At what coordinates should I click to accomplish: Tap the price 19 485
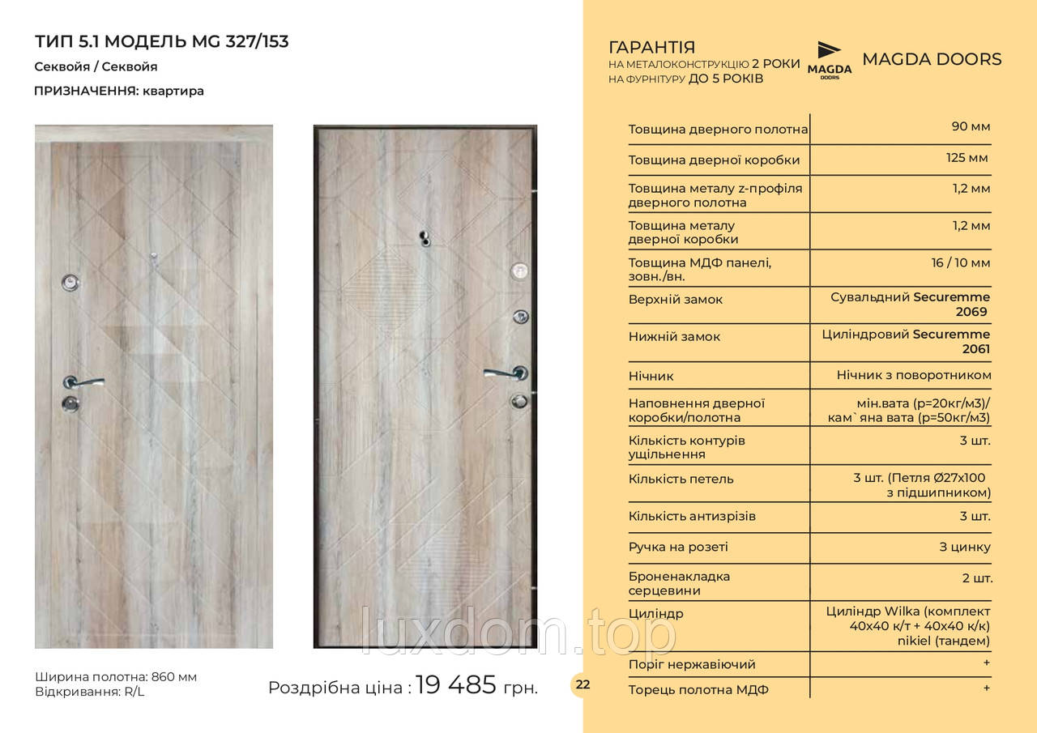pyautogui.click(x=455, y=685)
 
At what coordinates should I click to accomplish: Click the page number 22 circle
pyautogui.click(x=583, y=684)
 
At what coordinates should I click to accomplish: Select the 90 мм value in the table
pyautogui.click(x=971, y=126)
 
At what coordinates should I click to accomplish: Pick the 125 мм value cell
pyautogui.click(x=967, y=157)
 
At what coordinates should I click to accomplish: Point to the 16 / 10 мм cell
pyautogui.click(x=961, y=262)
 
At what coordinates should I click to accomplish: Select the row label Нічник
pyautogui.click(x=651, y=376)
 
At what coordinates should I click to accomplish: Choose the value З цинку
pyautogui.click(x=964, y=547)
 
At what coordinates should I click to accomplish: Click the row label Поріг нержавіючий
pyautogui.click(x=691, y=664)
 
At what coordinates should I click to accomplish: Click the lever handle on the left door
pyautogui.click(x=84, y=381)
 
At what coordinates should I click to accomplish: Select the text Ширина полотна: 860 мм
pyautogui.click(x=116, y=677)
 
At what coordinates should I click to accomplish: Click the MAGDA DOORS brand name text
pyautogui.click(x=932, y=59)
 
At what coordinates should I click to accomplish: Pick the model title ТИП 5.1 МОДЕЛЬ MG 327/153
pyautogui.click(x=162, y=41)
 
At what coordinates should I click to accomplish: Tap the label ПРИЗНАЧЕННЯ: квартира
pyautogui.click(x=119, y=91)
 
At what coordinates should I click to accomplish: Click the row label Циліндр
pyautogui.click(x=655, y=613)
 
